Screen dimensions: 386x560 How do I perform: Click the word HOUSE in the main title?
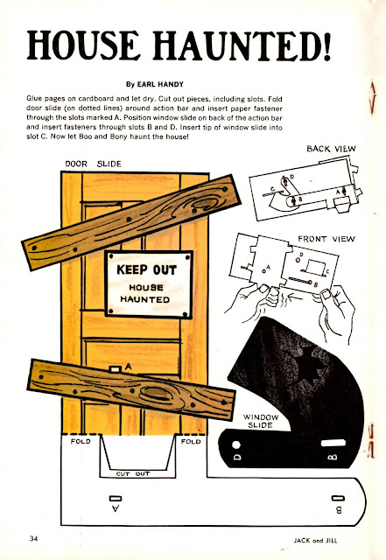(83, 45)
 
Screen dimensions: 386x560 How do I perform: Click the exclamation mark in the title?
(326, 45)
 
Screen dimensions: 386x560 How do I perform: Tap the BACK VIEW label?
(331, 149)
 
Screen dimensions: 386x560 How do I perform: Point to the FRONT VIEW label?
(326, 239)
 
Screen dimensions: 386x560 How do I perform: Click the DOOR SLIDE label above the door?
(94, 164)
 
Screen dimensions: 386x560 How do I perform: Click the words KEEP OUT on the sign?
(146, 270)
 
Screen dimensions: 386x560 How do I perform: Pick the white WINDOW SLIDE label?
(261, 421)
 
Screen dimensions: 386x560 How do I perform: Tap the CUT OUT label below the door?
(133, 474)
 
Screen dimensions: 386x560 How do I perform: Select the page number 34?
(33, 539)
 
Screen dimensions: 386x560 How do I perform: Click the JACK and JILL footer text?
(315, 541)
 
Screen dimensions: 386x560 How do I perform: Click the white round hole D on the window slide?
(236, 445)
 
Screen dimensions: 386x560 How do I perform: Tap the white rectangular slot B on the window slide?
(333, 444)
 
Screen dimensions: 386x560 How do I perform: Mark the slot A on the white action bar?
(116, 498)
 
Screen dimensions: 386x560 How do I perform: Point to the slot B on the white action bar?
(338, 498)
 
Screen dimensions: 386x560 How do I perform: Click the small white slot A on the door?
(115, 369)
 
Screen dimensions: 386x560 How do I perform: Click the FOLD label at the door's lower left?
(81, 441)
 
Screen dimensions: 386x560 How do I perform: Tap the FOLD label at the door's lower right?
(191, 442)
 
